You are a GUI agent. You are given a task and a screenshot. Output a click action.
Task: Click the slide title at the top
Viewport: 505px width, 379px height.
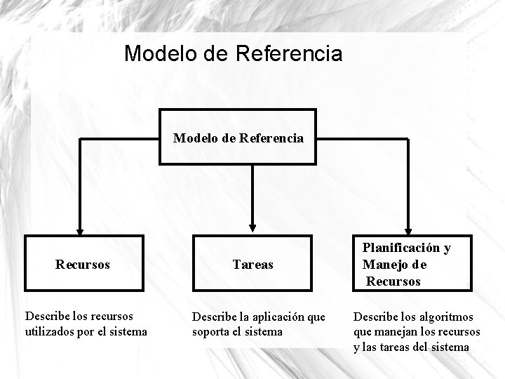(x=233, y=53)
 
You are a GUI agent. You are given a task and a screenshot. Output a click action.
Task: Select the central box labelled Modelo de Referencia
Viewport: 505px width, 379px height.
(x=238, y=137)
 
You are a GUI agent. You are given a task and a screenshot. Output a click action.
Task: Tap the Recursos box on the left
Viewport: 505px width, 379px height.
(x=82, y=265)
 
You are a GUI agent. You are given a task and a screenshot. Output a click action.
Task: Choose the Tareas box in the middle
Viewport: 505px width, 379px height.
(x=252, y=265)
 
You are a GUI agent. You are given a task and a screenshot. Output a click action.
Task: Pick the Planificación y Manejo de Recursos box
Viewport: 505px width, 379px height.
(x=407, y=265)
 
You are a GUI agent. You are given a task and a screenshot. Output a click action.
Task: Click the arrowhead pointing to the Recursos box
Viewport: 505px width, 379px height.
(x=80, y=228)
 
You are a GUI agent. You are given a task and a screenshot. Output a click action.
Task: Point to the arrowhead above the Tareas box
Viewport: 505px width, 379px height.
(x=252, y=227)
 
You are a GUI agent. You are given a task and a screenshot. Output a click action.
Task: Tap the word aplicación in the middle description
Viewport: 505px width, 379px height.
(x=275, y=317)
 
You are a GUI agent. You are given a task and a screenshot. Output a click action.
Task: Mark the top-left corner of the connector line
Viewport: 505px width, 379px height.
(x=80, y=139)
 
